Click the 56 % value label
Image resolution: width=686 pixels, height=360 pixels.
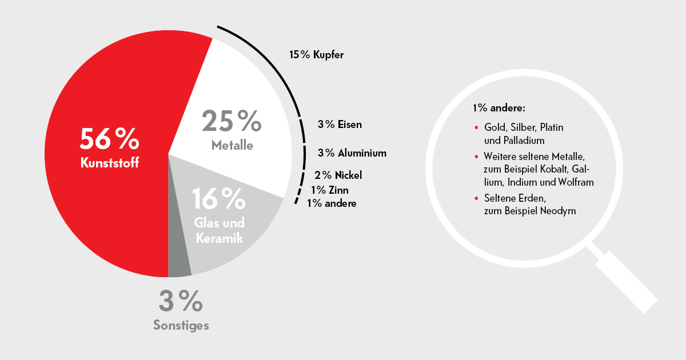click(109, 139)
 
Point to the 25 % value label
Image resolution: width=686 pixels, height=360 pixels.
click(232, 121)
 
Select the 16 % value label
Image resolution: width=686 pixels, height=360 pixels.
click(219, 198)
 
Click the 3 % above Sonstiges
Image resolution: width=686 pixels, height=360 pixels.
click(181, 301)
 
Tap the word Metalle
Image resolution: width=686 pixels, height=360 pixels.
click(232, 146)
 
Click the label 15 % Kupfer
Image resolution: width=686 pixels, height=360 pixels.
click(316, 55)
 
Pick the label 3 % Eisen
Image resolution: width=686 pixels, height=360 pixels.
click(340, 124)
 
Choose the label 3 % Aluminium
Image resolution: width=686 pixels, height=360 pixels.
click(352, 153)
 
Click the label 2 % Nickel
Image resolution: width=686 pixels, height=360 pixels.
click(338, 175)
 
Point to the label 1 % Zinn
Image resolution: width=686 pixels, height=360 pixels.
click(330, 190)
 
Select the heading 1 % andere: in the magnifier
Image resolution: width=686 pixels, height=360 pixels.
click(498, 107)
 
